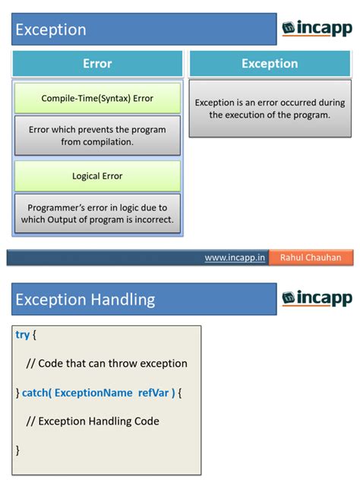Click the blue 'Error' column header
click(97, 64)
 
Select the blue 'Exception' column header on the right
click(270, 64)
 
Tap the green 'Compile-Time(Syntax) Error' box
click(97, 99)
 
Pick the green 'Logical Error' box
click(97, 176)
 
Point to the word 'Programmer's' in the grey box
click(55, 207)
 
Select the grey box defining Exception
click(270, 109)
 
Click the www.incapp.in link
click(235, 257)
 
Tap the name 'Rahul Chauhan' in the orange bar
click(311, 257)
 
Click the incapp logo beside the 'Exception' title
click(317, 29)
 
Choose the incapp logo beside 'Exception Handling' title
click(317, 298)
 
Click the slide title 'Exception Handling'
click(85, 299)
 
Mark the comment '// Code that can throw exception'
click(106, 363)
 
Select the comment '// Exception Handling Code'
click(93, 421)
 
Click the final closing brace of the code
click(17, 450)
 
